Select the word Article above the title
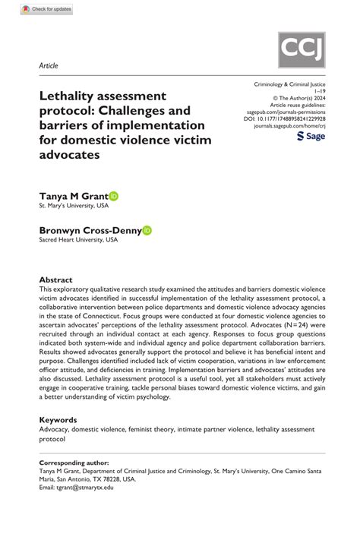coord(49,66)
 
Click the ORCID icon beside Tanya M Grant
coord(114,196)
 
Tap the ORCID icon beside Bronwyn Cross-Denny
coord(147,229)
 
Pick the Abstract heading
coord(55,279)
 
